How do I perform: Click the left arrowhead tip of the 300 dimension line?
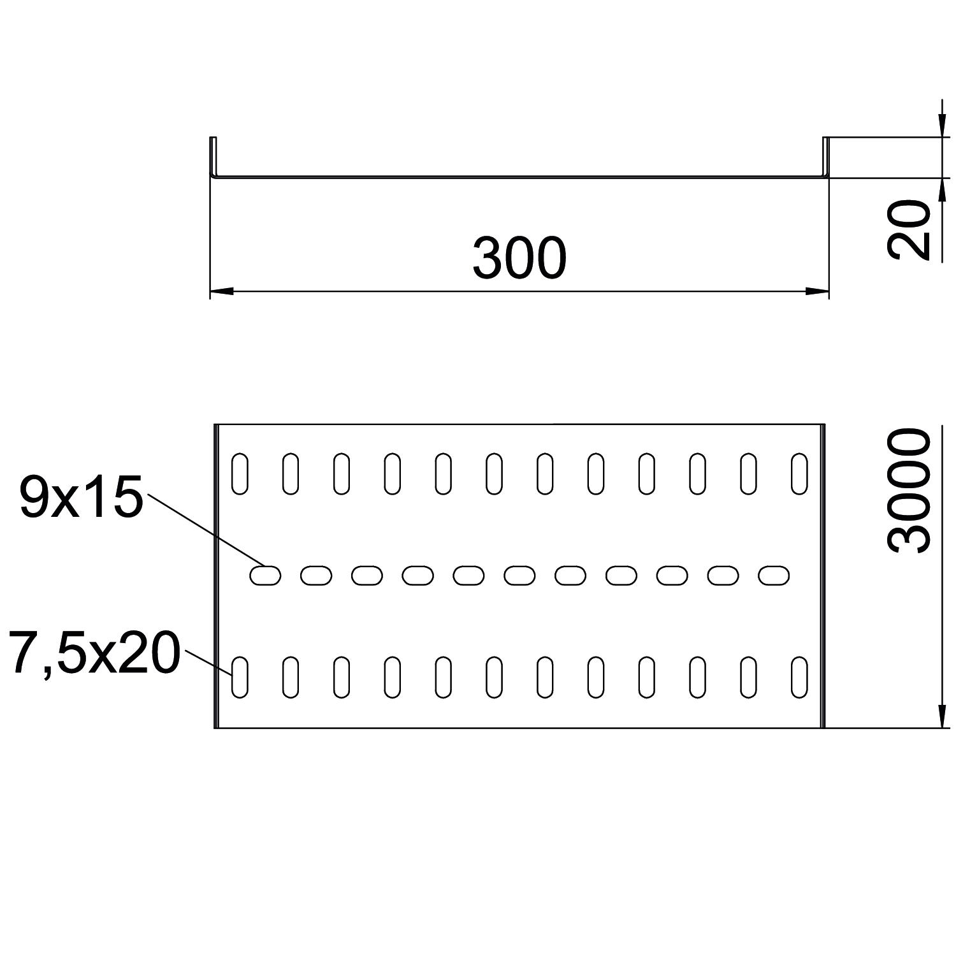(x=210, y=291)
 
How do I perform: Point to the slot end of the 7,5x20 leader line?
(x=232, y=673)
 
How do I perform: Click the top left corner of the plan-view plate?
(x=214, y=423)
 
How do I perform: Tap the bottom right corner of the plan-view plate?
(x=825, y=727)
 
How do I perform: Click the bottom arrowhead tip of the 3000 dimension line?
(x=941, y=727)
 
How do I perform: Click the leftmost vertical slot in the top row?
(x=240, y=474)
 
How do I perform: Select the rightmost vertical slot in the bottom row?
(x=799, y=677)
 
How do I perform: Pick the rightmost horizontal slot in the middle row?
(x=774, y=576)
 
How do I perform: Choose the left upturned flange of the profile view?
(x=214, y=157)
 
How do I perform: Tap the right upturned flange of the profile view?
(x=825, y=157)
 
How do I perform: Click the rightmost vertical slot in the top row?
(x=799, y=474)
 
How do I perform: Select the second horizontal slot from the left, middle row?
(x=316, y=576)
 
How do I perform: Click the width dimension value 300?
(x=519, y=258)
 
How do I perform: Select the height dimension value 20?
(x=909, y=229)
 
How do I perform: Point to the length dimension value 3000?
(x=909, y=490)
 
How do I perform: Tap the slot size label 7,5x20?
(x=94, y=653)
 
